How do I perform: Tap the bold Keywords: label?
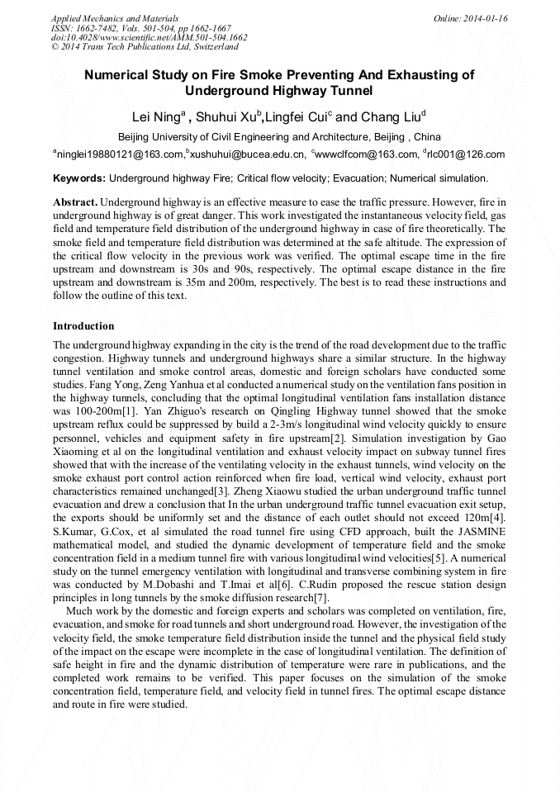point(78,178)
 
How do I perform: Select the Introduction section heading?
point(83,326)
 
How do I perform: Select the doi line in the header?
point(149,37)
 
